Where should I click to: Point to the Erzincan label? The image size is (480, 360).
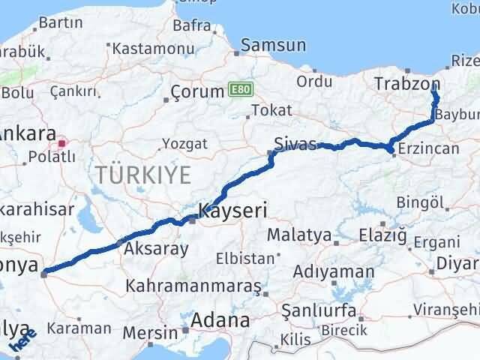(x=429, y=148)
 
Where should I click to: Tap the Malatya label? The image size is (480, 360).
(x=299, y=235)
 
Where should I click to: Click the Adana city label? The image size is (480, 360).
(x=220, y=320)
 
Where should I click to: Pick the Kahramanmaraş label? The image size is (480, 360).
(x=193, y=286)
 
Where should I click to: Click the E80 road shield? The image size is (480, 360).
(x=238, y=89)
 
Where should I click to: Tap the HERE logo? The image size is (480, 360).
(x=22, y=342)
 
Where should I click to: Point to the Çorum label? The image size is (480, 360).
(x=196, y=91)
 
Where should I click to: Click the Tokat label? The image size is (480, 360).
(x=271, y=109)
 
